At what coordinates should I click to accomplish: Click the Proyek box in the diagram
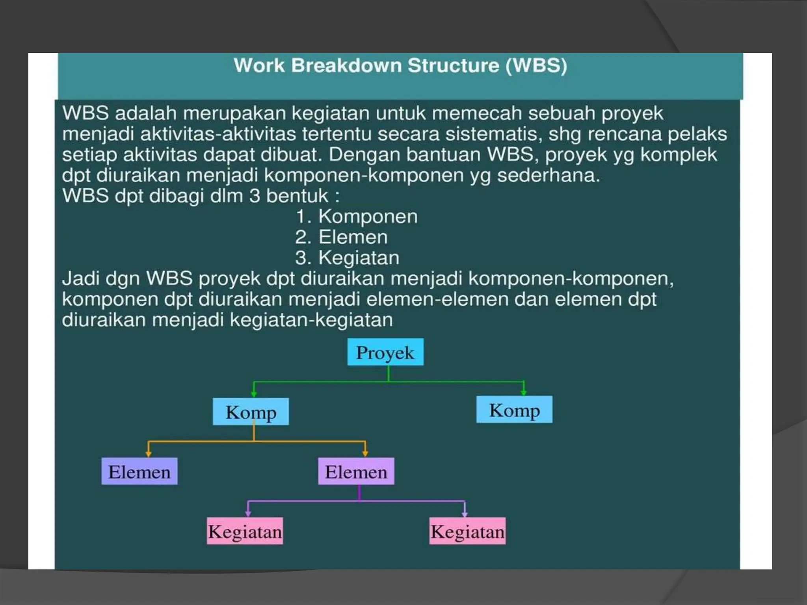385,352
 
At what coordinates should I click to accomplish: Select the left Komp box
251,412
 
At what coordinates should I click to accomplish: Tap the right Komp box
514,410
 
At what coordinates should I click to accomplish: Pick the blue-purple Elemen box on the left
139,471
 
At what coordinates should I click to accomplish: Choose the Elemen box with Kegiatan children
356,471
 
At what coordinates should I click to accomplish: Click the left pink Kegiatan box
245,531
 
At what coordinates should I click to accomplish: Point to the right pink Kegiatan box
467,531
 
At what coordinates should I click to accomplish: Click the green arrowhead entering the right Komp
523,392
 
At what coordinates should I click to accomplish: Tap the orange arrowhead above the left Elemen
148,454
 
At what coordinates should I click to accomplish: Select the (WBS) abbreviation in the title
536,65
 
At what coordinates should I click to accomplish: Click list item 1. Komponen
356,217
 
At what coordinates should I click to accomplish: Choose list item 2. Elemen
341,237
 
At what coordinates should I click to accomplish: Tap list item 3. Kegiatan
347,258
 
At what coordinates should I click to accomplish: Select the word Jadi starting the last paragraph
80,278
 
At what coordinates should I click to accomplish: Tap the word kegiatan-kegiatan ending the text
311,320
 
